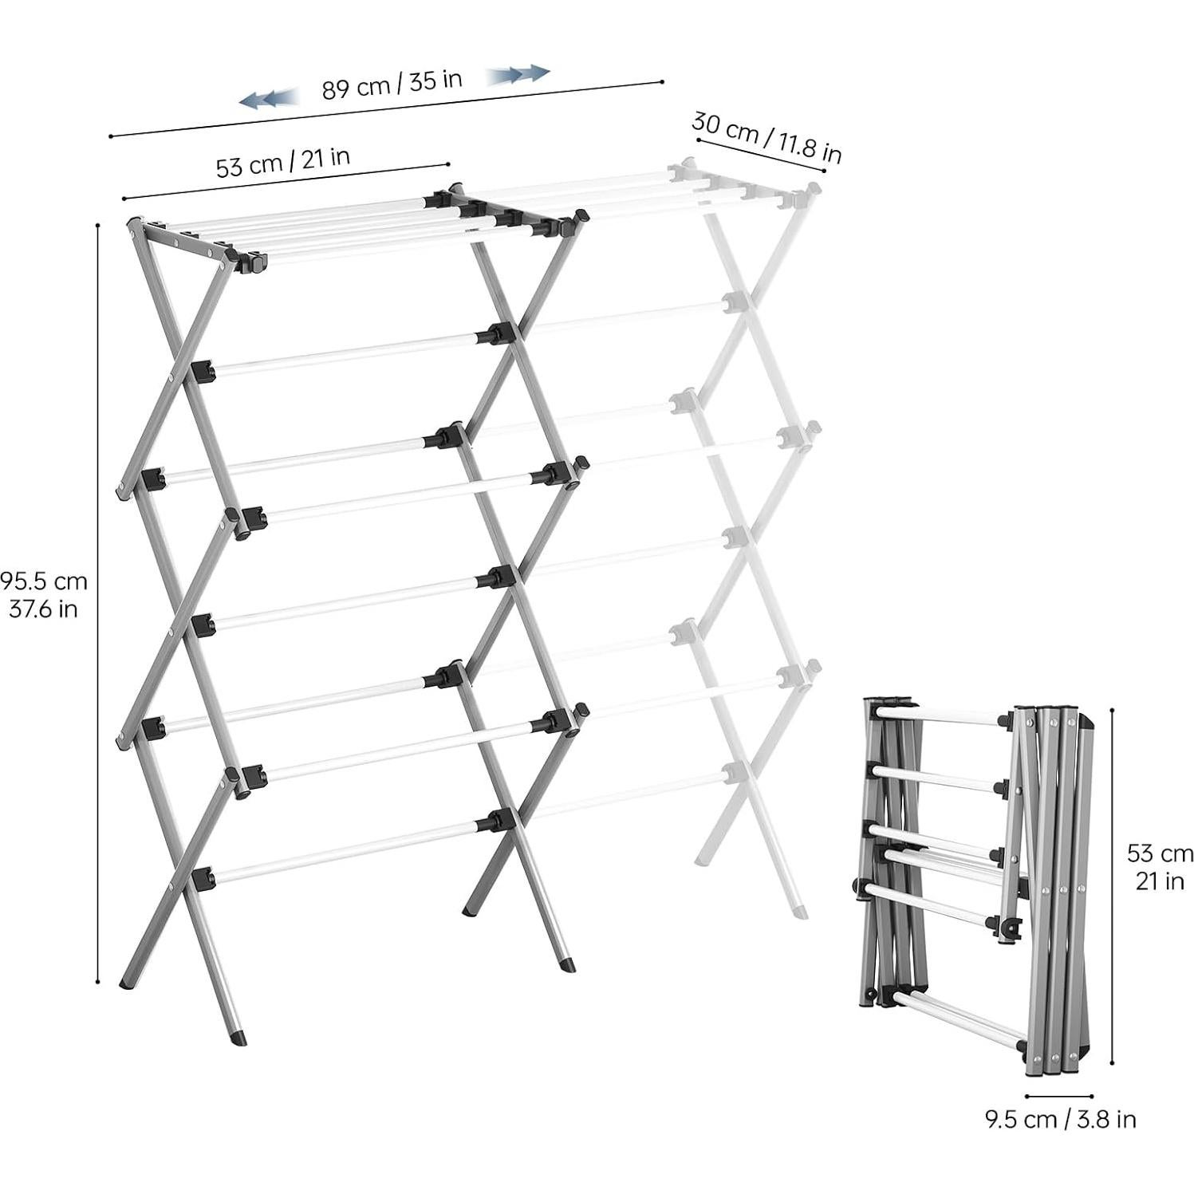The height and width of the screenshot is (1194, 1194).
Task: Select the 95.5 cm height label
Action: (x=44, y=580)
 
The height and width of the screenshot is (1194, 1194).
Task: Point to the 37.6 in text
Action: (x=44, y=609)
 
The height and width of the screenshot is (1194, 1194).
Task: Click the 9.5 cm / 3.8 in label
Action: (x=1060, y=1119)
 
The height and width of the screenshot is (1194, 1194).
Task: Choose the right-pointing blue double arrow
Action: (x=518, y=75)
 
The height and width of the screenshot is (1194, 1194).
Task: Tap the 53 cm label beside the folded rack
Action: (x=1159, y=853)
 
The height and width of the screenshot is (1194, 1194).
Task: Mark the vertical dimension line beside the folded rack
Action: (x=1112, y=885)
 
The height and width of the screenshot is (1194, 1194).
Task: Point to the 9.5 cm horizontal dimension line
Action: (x=1059, y=1097)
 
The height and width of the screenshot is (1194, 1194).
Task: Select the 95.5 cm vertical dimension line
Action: (x=97, y=604)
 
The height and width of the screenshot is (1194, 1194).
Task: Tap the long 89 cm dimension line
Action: (x=387, y=108)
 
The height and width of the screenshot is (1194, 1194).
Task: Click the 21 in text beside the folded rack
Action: (x=1159, y=882)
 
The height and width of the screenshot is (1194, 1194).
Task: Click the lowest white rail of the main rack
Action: (x=351, y=851)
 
